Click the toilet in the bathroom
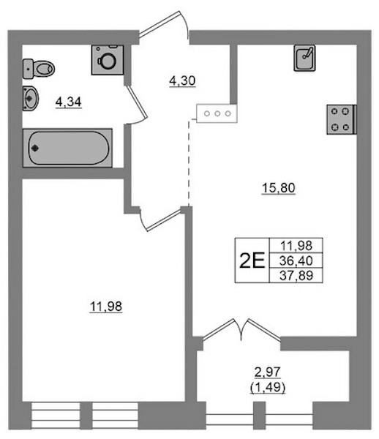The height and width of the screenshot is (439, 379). [x=39, y=68]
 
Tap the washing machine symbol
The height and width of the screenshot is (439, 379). [x=108, y=60]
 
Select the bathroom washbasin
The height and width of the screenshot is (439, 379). [x=31, y=98]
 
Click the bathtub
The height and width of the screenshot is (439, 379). [x=67, y=148]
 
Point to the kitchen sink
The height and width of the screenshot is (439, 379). [x=304, y=58]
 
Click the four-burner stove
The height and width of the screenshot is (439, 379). [x=342, y=119]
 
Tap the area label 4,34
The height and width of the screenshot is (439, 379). [x=69, y=102]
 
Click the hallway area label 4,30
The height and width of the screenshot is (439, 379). [x=182, y=81]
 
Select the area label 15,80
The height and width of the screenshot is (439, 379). [x=279, y=188]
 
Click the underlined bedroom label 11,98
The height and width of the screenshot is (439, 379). [x=106, y=307]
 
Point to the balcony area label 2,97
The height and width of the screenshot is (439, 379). [x=267, y=372]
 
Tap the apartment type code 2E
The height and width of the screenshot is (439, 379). [x=252, y=260]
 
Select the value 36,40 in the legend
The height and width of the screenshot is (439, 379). [x=296, y=260]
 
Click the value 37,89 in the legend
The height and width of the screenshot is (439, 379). [x=296, y=276]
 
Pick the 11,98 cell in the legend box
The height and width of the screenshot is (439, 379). [x=296, y=246]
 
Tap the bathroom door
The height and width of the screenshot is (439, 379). [x=136, y=104]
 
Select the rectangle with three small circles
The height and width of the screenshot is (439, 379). [x=217, y=113]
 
